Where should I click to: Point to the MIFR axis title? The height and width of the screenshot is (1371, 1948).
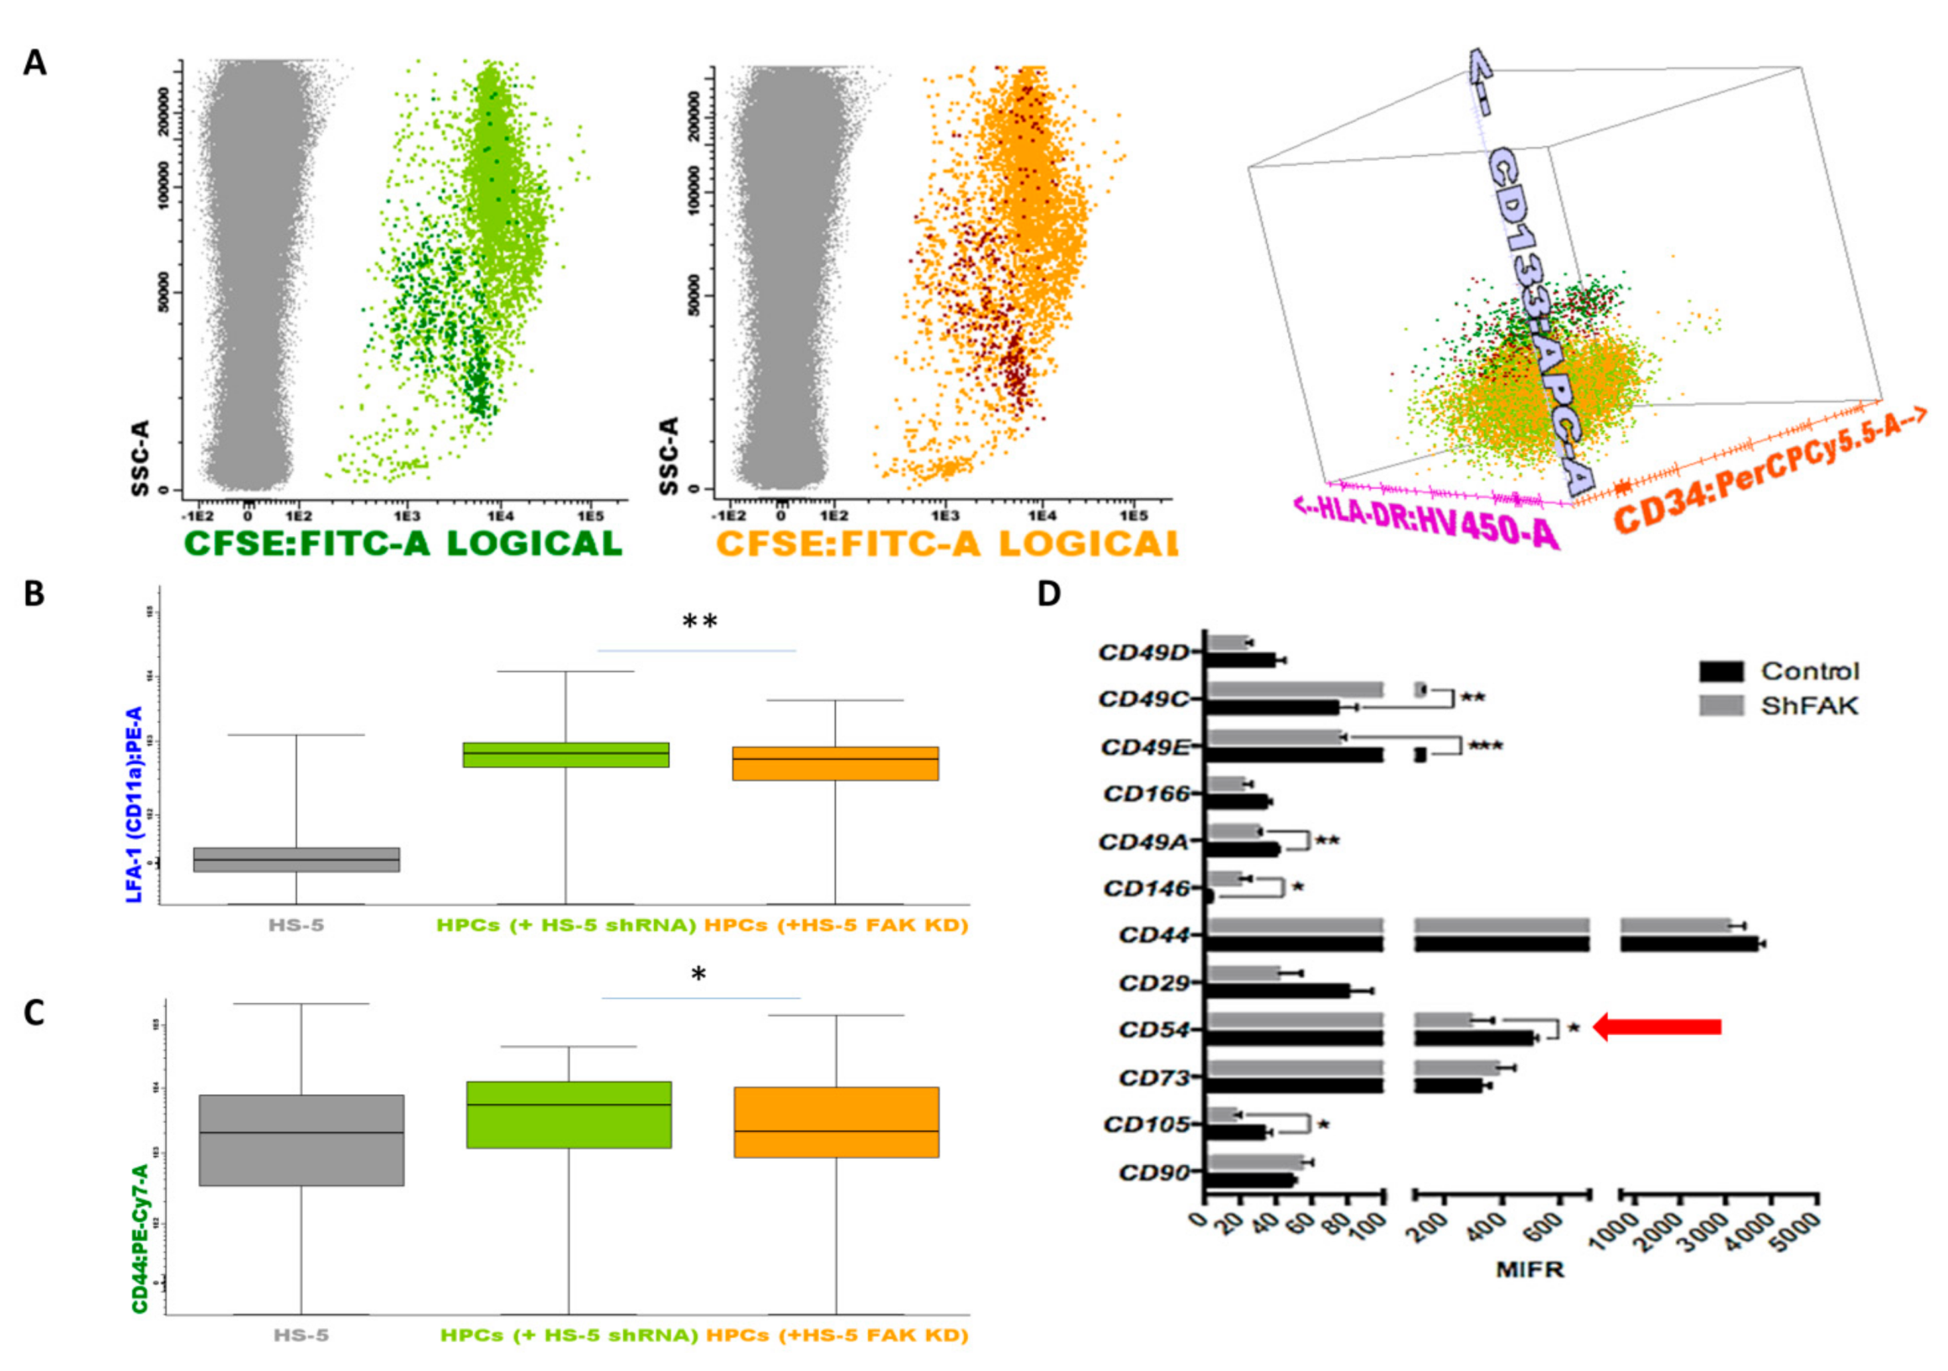(x=1530, y=1270)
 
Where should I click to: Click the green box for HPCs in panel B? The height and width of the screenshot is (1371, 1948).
(x=566, y=754)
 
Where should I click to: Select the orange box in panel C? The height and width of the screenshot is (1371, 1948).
(x=836, y=1122)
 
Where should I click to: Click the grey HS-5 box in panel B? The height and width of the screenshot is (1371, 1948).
(x=296, y=859)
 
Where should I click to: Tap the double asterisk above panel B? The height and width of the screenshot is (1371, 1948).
(x=700, y=622)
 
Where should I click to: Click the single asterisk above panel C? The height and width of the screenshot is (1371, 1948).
(x=698, y=975)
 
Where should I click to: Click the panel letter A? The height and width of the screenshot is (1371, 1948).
(x=35, y=63)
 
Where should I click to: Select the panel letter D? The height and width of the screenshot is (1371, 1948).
(x=1050, y=593)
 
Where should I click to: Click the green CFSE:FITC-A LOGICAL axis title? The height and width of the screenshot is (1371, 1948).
(x=404, y=543)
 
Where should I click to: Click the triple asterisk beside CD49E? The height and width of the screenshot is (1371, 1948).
(x=1485, y=747)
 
